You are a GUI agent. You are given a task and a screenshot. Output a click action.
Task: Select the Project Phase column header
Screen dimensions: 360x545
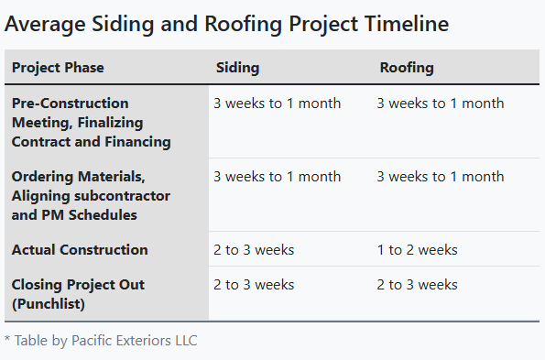58,68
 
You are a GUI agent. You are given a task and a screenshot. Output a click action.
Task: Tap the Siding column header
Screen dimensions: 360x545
237,68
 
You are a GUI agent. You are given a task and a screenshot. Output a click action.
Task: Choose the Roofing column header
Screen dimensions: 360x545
407,68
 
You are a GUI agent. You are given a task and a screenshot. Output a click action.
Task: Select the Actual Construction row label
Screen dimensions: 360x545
80,249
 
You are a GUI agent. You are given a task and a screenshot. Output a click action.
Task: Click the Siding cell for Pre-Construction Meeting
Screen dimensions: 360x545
277,104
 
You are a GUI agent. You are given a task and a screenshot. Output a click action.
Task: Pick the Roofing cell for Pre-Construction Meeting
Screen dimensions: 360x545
440,104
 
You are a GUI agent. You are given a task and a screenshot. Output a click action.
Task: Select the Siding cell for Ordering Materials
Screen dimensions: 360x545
277,177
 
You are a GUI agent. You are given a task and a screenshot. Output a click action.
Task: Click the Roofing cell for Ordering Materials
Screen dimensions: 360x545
440,177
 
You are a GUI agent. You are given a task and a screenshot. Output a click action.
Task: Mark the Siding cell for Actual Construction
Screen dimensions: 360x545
254,249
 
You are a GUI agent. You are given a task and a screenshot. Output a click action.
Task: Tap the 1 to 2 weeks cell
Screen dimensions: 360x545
417,249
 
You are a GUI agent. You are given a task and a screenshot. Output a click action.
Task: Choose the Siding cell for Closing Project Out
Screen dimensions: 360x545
254,285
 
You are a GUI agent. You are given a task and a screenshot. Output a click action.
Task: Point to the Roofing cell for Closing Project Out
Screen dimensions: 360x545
417,285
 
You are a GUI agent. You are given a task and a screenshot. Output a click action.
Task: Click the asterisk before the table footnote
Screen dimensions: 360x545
6,341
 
